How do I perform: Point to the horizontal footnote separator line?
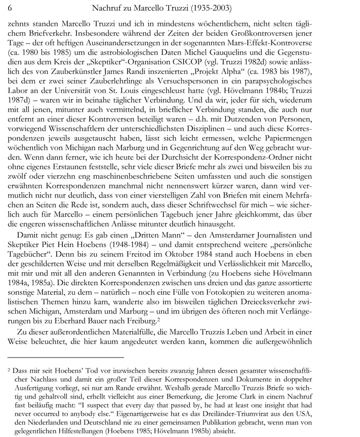coord(66,357)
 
